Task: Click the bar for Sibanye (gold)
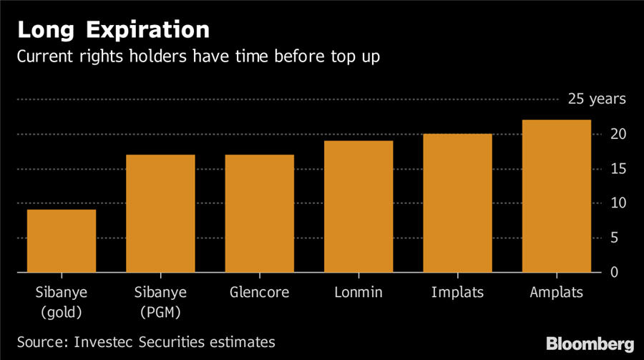click(62, 241)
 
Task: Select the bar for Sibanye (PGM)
click(160, 214)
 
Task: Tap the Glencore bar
click(259, 214)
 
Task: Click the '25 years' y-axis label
click(597, 99)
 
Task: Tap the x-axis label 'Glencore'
click(259, 292)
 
